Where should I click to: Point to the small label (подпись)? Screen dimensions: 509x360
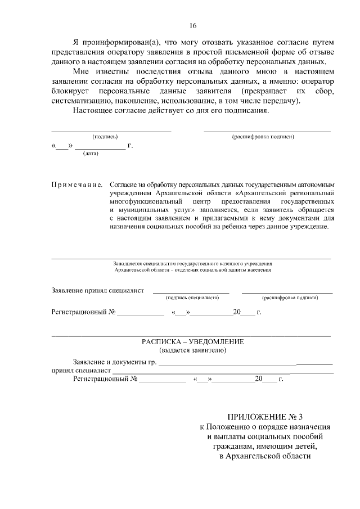tap(105, 137)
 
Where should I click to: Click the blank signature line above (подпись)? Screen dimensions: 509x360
tap(111, 130)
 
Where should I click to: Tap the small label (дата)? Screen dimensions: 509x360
tap(91, 154)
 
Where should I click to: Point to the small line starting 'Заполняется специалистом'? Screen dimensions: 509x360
tap(192, 263)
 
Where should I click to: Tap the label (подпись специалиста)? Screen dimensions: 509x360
tap(192, 298)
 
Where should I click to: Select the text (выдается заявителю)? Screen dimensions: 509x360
tap(193, 350)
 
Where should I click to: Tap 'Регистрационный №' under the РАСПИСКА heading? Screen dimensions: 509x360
tap(106, 380)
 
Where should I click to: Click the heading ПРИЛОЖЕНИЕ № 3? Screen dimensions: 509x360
tap(264, 417)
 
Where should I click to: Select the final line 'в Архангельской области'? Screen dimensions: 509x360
tap(264, 456)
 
